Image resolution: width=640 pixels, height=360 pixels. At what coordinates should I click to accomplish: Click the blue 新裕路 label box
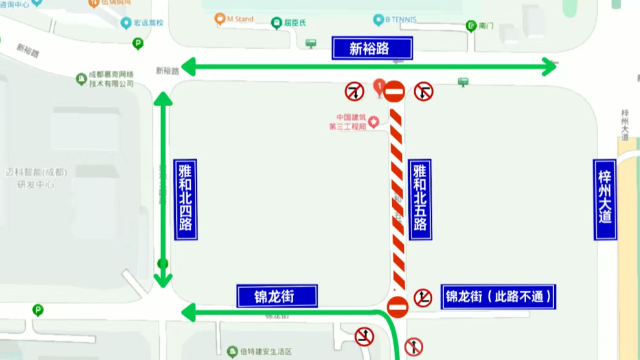tap(372, 48)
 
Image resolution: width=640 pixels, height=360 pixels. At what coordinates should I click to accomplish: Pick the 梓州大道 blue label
tap(605, 199)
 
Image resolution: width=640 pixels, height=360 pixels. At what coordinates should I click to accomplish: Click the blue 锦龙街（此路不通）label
tap(498, 297)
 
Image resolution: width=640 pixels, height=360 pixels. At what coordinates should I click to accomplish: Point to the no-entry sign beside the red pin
tap(395, 91)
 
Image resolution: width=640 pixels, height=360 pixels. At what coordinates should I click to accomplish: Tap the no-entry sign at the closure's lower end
tap(397, 307)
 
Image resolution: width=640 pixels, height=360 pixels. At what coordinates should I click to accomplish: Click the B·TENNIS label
tap(395, 19)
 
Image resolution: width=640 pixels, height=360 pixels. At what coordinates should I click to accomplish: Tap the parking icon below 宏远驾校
tap(137, 44)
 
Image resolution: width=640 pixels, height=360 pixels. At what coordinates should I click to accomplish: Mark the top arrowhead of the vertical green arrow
tap(162, 98)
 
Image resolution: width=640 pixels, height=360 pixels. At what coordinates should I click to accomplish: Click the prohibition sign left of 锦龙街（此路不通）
tap(423, 297)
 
